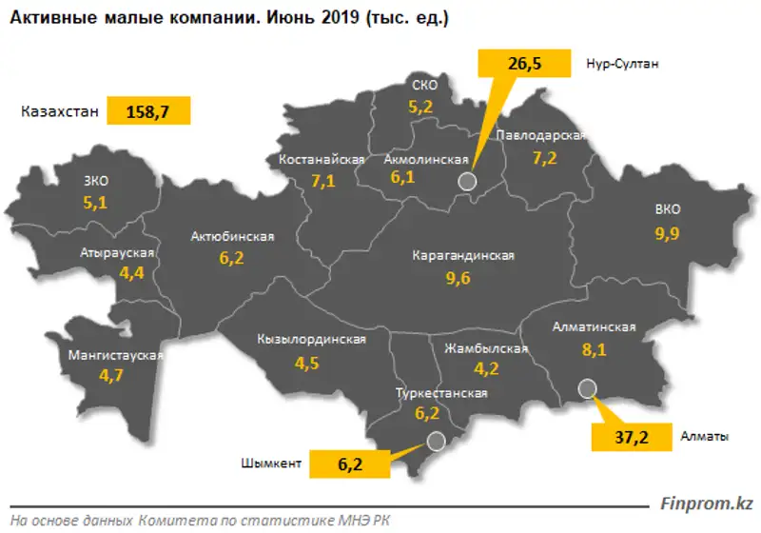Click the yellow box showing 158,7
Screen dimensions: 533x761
point(149,111)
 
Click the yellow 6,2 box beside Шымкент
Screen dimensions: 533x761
point(349,464)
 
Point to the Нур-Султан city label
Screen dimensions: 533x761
point(622,65)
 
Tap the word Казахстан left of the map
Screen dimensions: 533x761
point(59,111)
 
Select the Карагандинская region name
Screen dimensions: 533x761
point(463,256)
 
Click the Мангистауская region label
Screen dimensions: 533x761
point(110,356)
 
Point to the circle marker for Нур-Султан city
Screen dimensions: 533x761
point(466,181)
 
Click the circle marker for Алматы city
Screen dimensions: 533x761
point(587,387)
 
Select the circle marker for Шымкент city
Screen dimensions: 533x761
point(436,441)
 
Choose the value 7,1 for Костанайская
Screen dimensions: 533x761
point(322,181)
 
